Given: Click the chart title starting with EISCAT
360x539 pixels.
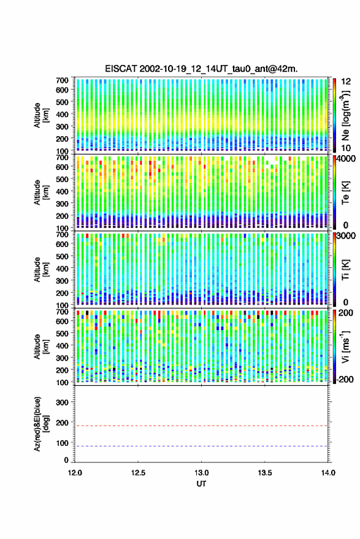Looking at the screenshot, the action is [201, 69].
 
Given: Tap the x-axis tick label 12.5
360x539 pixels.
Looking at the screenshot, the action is [138, 473].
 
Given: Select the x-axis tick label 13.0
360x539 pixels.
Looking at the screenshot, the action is [202, 473].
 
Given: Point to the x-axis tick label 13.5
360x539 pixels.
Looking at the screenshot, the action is [265, 473].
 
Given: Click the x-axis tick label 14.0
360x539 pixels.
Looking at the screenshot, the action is [328, 473].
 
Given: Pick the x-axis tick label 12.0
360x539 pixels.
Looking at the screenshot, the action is [75, 473].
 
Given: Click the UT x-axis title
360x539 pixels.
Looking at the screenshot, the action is [202, 484].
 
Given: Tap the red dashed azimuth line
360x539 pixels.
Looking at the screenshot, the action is [201, 426].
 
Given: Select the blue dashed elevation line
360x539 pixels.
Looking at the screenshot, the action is [201, 446].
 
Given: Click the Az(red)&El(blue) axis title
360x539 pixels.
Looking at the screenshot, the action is [41, 424].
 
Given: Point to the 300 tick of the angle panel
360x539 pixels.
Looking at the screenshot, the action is [62, 402].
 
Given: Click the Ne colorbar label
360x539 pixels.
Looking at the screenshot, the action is [345, 115].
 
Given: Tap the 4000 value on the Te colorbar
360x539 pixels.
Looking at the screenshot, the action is [347, 159].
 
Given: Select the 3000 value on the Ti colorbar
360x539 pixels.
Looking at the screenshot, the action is [347, 236].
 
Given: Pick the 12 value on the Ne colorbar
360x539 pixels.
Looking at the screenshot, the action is [347, 82].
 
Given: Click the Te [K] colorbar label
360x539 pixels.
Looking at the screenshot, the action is [345, 193].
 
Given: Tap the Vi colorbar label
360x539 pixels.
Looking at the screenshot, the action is [345, 346].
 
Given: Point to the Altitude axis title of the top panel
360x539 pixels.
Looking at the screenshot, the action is [41, 115].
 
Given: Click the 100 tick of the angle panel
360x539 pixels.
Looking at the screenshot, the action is [62, 443].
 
